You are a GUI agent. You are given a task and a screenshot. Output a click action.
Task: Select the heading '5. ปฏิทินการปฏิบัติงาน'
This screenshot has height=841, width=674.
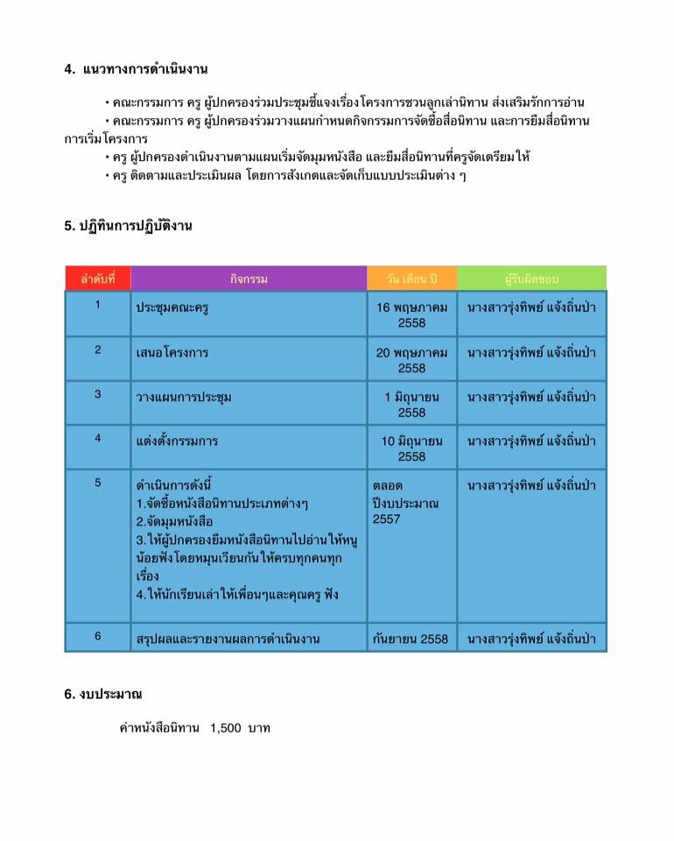[x=128, y=226]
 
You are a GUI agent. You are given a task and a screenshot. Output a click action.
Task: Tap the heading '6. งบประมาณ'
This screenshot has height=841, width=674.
[x=102, y=695]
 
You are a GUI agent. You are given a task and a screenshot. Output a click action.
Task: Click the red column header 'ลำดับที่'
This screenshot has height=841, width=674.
[x=97, y=279]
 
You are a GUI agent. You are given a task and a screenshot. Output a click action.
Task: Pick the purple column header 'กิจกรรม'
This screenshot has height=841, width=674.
[x=249, y=279]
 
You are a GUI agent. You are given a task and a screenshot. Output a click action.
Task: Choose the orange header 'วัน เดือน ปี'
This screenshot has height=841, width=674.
[x=411, y=279]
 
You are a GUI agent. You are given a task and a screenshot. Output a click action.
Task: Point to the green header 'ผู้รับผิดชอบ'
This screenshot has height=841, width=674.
[x=531, y=279]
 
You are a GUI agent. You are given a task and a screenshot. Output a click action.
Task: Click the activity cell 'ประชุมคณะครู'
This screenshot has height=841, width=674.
[x=172, y=307]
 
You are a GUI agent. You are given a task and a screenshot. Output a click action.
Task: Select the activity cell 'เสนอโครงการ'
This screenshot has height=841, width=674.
[x=172, y=352]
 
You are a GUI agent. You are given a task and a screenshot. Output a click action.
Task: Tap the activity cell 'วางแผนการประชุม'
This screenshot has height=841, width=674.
[x=183, y=397]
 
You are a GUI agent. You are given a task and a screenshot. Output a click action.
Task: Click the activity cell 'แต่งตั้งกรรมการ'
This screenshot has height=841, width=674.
[x=177, y=441]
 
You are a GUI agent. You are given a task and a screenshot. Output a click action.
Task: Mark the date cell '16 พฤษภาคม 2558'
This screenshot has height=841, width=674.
[x=411, y=314]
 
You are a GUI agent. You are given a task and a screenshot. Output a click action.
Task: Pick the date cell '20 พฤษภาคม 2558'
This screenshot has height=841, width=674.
[x=411, y=359]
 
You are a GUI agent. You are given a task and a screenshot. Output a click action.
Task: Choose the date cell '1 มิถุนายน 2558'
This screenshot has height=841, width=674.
[x=411, y=404]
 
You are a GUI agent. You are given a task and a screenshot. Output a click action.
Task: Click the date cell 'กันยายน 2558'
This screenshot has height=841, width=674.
[x=410, y=639]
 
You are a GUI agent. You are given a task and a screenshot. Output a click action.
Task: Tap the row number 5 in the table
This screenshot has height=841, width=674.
[x=98, y=483]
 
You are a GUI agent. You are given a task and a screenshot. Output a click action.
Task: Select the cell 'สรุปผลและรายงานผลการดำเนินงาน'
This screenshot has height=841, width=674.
[x=227, y=639]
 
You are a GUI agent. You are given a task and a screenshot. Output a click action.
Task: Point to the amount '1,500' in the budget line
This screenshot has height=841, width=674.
[x=225, y=728]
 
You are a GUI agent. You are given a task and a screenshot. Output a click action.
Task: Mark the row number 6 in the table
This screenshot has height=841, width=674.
[x=98, y=637]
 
